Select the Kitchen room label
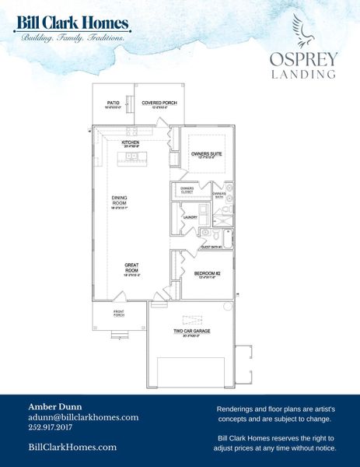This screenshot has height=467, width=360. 130,143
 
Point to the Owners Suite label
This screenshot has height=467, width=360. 206,154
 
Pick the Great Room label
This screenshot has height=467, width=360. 131,267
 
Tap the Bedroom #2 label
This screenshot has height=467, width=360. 206,273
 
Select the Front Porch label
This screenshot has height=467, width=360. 119,314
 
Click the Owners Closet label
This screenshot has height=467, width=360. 187,190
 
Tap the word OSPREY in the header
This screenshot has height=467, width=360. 302,58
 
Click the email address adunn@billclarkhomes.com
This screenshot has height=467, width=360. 83,417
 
